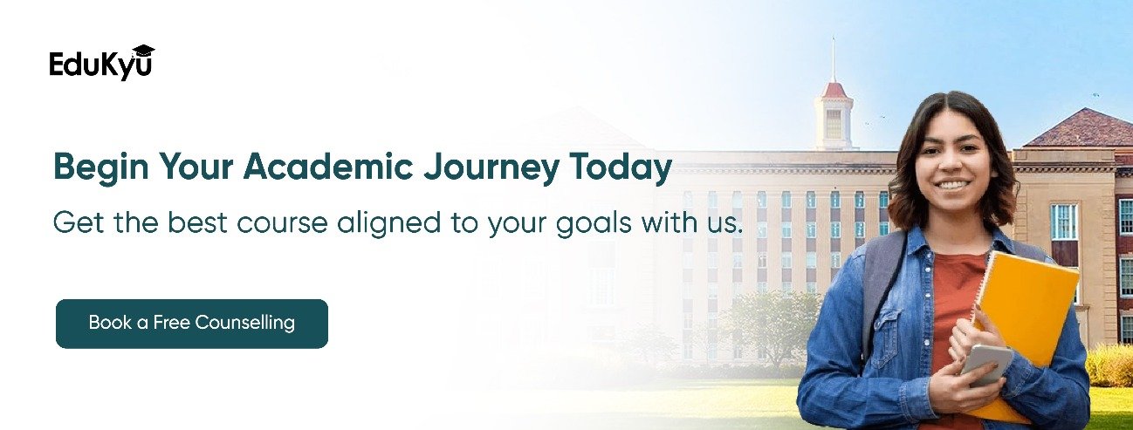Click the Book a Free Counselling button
click(x=192, y=324)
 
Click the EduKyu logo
click(x=101, y=63)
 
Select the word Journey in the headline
click(x=491, y=168)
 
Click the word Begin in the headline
click(x=100, y=168)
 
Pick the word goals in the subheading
click(x=594, y=224)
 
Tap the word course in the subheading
click(x=282, y=224)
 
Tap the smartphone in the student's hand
click(x=987, y=365)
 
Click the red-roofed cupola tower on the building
click(x=833, y=115)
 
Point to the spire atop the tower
click(x=833, y=59)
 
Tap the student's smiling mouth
click(x=953, y=186)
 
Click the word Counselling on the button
click(x=245, y=323)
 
